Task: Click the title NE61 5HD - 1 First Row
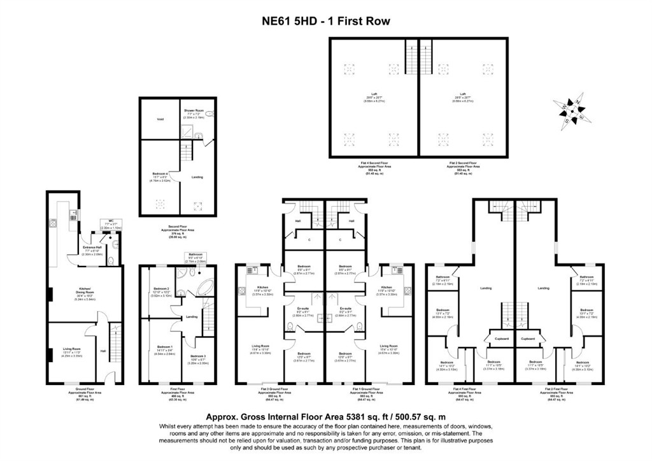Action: [326, 21]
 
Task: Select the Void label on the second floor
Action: [160, 119]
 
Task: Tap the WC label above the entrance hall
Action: [110, 221]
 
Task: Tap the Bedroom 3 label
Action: [197, 356]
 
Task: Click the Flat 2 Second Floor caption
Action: [463, 164]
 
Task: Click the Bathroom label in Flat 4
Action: [443, 277]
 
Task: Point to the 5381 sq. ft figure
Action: [350, 413]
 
